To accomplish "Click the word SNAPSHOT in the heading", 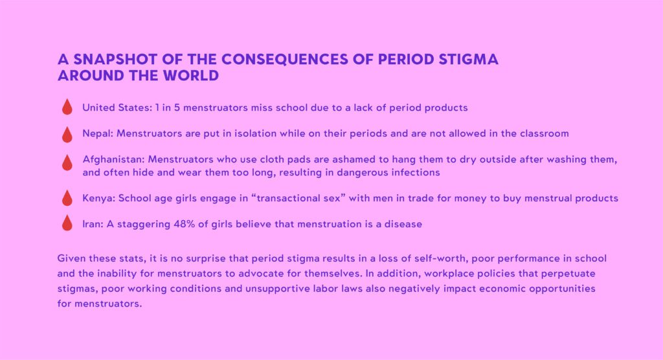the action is (x=109, y=59).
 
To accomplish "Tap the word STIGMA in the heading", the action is (x=468, y=59).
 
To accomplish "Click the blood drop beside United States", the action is (x=67, y=107).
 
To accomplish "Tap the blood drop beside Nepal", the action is (x=67, y=134).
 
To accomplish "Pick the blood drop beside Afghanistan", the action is (x=67, y=163).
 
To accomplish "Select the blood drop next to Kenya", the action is (x=67, y=197).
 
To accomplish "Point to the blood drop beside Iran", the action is (x=67, y=223).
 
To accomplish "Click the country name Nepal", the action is (x=98, y=133).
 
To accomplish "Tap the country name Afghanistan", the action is (x=113, y=159).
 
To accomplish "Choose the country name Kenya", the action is (x=98, y=198).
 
